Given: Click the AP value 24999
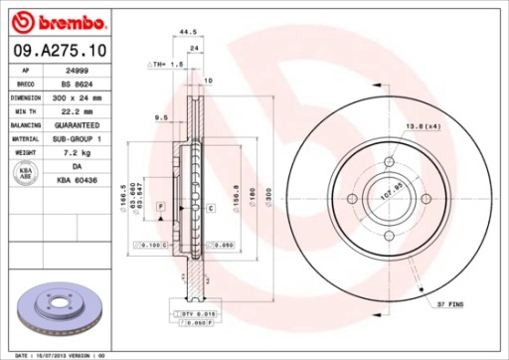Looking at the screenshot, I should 76,72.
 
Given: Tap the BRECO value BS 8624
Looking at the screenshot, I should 76,86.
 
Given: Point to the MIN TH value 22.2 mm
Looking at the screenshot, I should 76,112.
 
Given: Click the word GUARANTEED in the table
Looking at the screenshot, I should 76,126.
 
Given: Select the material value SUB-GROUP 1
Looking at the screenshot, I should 76,140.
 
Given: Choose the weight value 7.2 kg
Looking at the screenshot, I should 76,154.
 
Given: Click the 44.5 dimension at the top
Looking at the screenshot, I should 186,33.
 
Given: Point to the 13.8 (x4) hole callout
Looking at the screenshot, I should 423,126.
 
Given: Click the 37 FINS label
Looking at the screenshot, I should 448,303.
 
